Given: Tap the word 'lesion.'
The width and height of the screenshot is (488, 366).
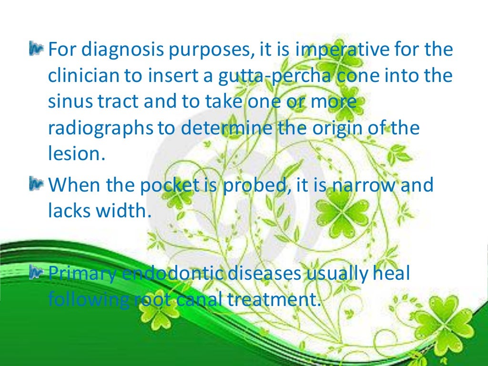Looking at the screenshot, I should (76, 154).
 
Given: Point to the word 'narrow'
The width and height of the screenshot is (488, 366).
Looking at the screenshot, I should (356, 185).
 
